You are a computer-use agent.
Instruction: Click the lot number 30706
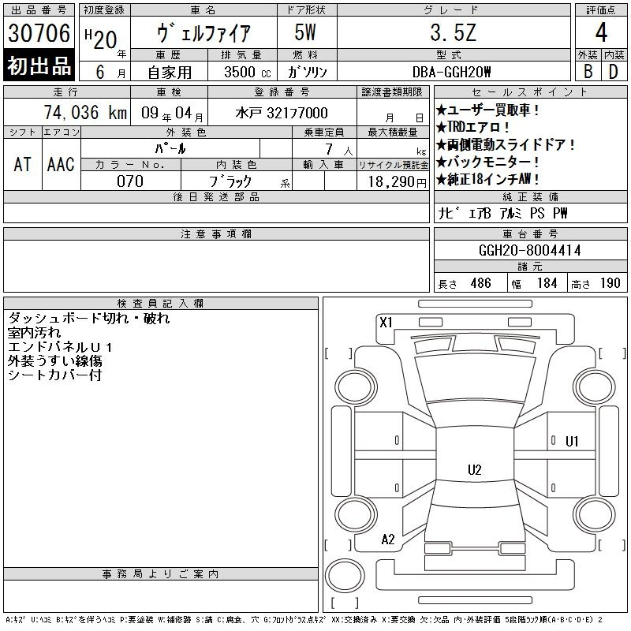pyautogui.click(x=39, y=33)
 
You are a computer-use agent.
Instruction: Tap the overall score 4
pyautogui.click(x=601, y=32)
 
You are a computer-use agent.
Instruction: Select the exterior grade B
pyautogui.click(x=588, y=72)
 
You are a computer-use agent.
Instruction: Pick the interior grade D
pyautogui.click(x=614, y=72)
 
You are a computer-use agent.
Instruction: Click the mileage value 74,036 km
pyautogui.click(x=85, y=112)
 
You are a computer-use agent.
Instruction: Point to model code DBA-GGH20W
pyautogui.click(x=451, y=72)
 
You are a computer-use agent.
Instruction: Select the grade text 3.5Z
pyautogui.click(x=453, y=32)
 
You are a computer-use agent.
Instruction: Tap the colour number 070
pyautogui.click(x=130, y=181)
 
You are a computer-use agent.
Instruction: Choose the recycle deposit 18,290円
pyautogui.click(x=398, y=182)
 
